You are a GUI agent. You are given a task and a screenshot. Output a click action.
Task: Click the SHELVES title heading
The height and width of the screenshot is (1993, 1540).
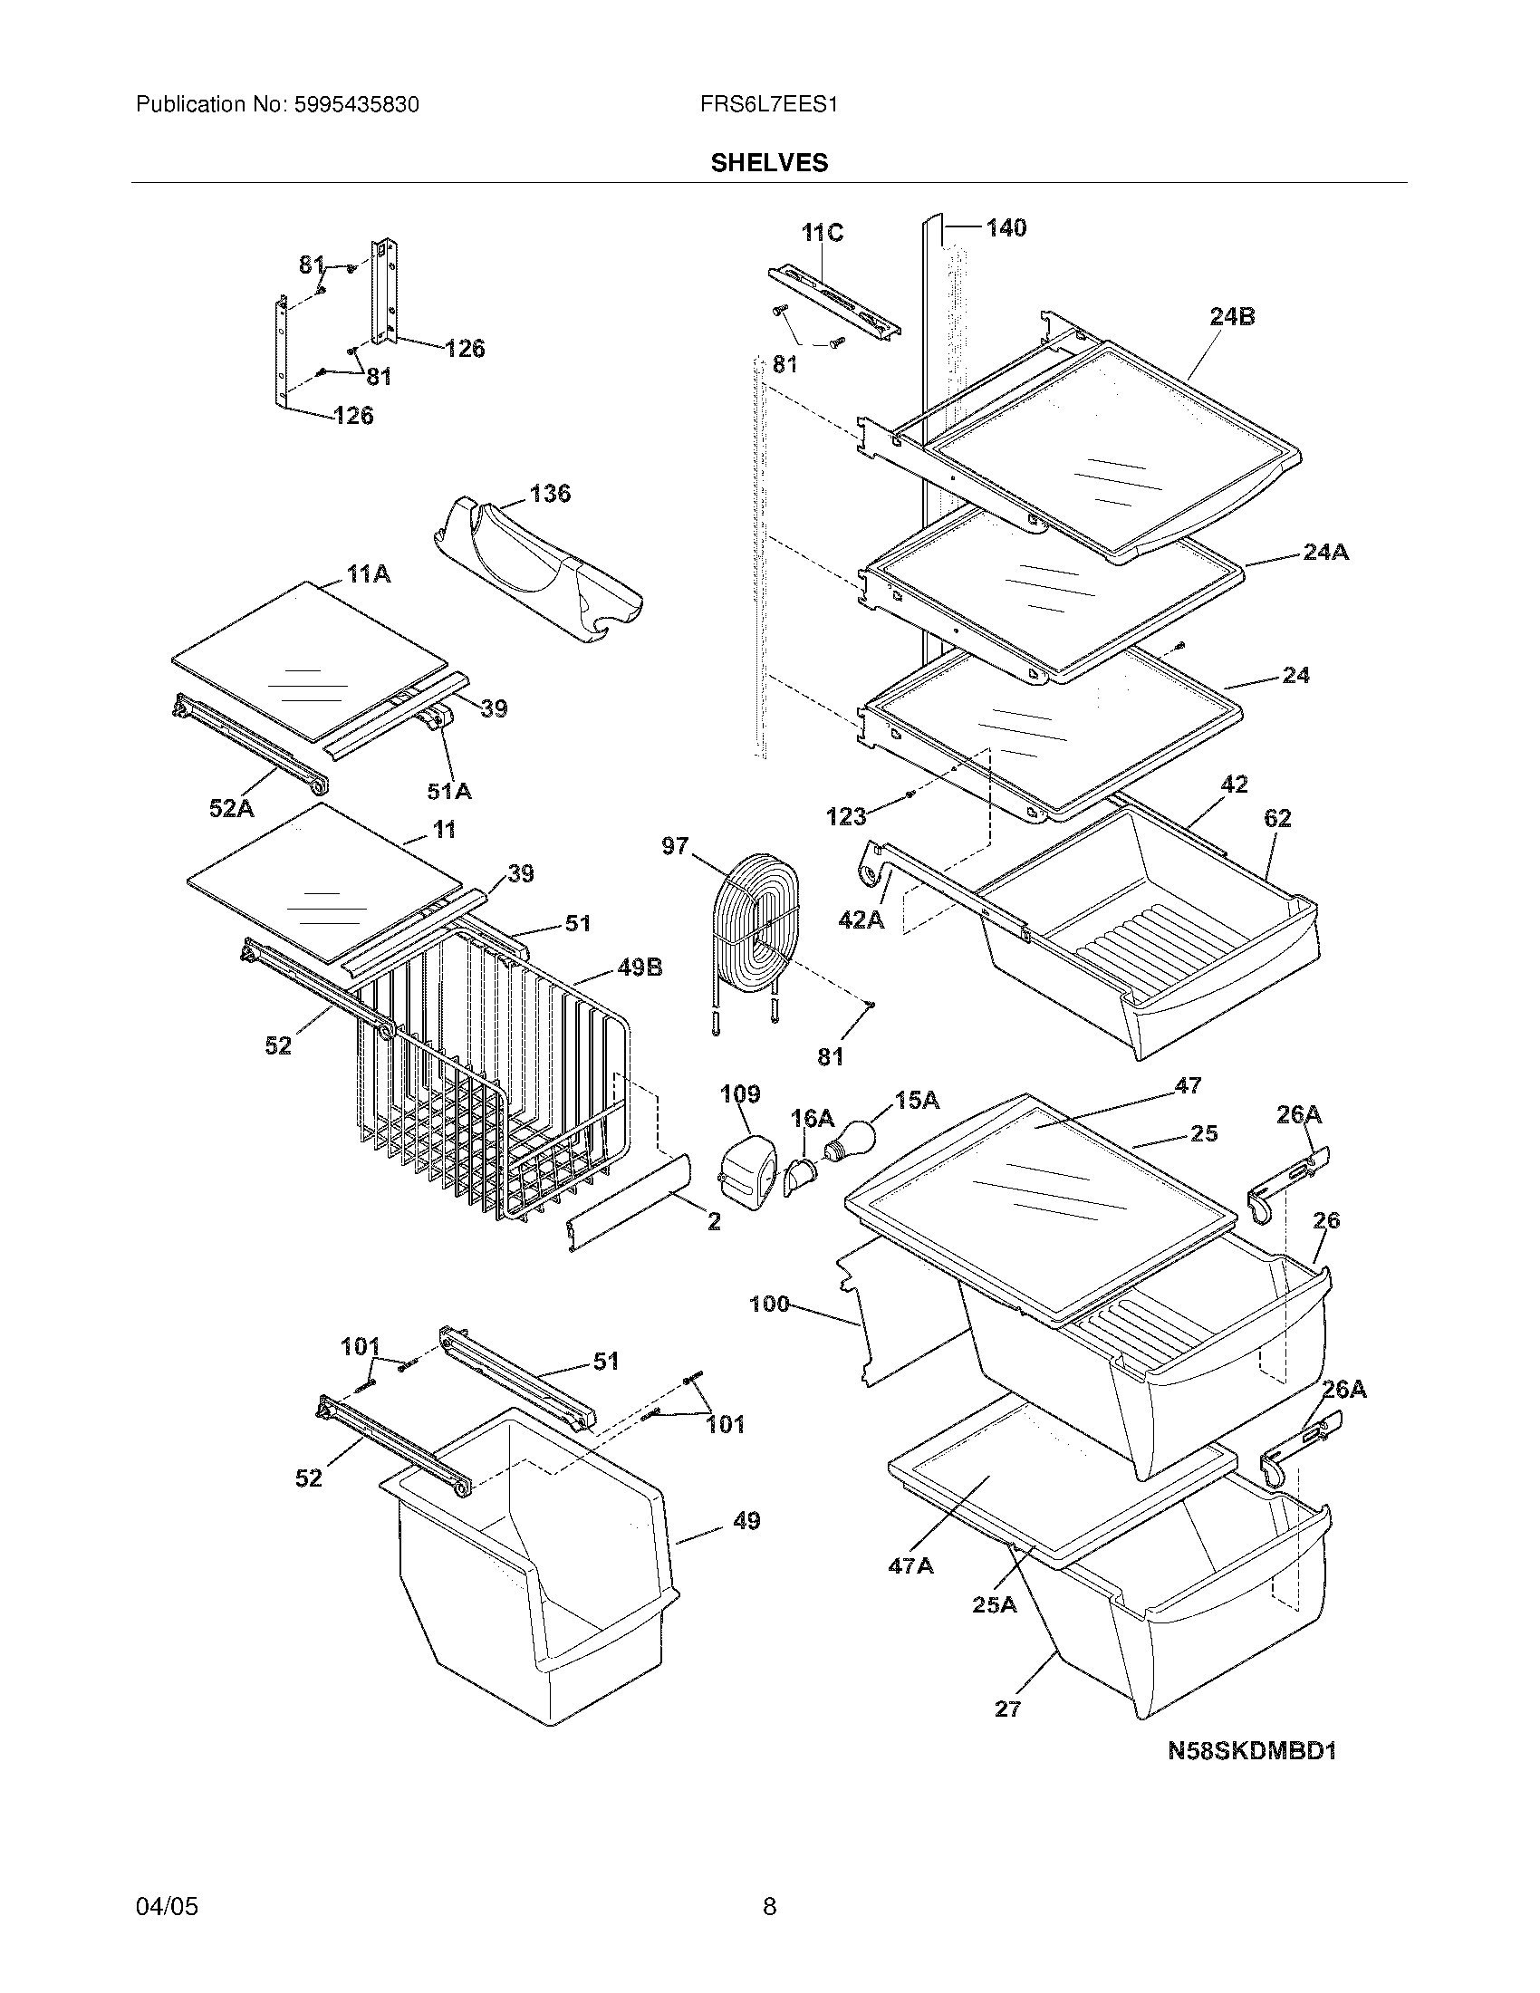tap(769, 163)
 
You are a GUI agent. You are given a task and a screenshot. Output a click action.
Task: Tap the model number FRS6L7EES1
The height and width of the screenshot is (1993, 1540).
tap(769, 105)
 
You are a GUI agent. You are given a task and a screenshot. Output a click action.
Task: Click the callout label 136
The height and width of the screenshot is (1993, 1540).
tap(550, 494)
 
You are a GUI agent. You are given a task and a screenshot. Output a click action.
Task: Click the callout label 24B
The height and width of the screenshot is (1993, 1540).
tap(1232, 317)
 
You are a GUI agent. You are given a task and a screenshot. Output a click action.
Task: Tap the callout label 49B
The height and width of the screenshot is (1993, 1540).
tap(640, 968)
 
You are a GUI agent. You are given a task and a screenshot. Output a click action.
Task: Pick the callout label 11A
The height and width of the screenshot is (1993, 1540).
tap(368, 574)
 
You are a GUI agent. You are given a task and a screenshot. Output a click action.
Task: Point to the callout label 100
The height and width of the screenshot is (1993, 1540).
tap(769, 1304)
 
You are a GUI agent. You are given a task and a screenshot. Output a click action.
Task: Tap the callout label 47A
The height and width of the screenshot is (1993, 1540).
tap(910, 1566)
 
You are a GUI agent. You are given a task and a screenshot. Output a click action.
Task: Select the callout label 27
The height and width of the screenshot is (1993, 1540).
tap(1007, 1709)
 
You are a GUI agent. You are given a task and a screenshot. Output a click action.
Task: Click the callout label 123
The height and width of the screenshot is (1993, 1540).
tap(846, 816)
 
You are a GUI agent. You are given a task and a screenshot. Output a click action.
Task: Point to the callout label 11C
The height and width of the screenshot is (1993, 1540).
tap(822, 234)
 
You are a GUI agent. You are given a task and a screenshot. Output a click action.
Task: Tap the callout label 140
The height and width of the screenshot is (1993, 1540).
tap(1006, 227)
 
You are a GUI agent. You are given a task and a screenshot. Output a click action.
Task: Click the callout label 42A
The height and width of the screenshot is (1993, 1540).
tap(861, 919)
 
